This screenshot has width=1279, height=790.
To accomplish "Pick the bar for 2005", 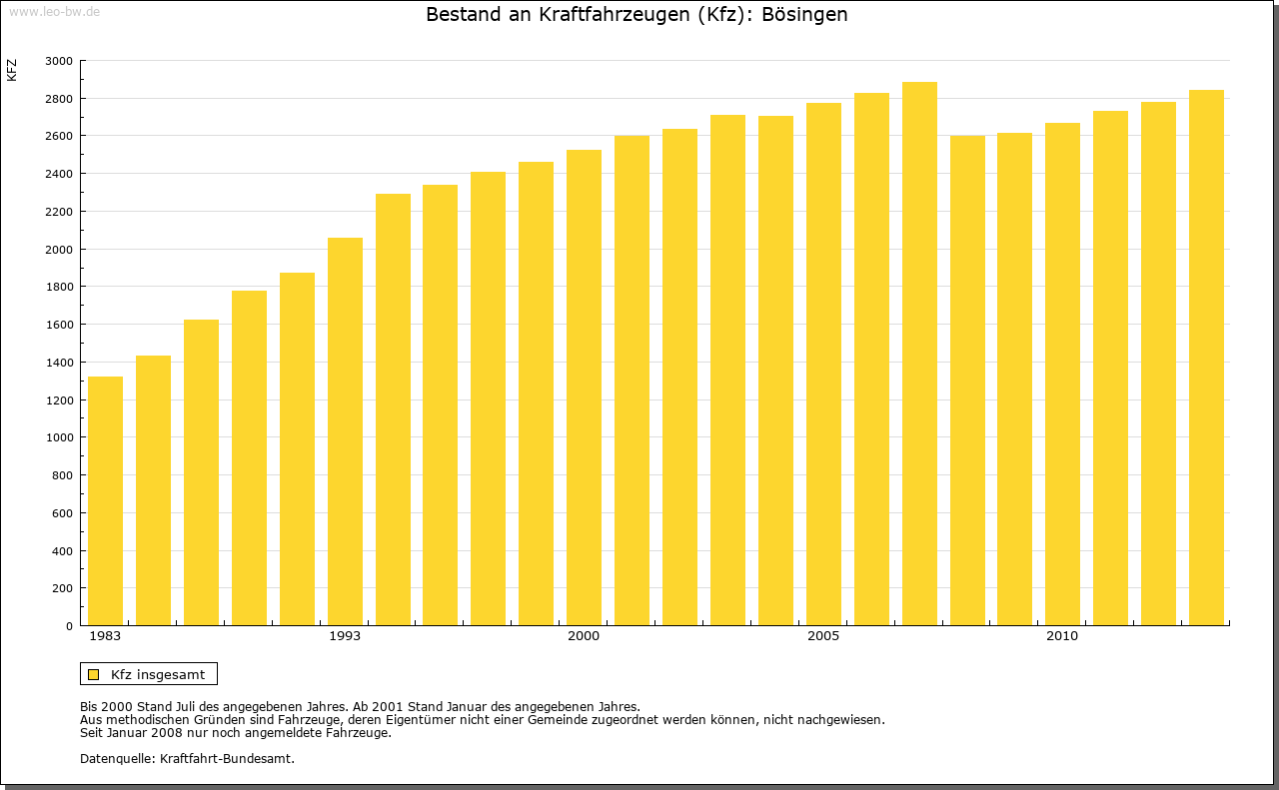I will pos(823,365).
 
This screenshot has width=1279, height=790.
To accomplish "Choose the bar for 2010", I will pos(1062,375).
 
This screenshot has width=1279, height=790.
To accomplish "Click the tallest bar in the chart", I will pos(919,354).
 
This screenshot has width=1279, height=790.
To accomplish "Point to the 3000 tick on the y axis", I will pos(59,61).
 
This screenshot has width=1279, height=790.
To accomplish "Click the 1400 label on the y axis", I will pos(59,363).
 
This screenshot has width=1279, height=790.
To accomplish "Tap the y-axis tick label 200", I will pos(63,588).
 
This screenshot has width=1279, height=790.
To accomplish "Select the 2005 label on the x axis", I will pos(823,636).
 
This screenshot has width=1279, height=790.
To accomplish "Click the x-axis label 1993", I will pos(345,636).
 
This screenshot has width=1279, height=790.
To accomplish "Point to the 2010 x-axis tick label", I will pos(1062,636).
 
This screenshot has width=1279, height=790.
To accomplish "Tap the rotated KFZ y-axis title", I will pos(12,70).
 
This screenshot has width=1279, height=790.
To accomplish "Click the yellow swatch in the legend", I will pos(93,674).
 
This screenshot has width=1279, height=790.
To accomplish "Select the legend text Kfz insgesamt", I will pos(158,674).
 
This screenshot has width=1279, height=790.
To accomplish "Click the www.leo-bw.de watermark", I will pos(53,10).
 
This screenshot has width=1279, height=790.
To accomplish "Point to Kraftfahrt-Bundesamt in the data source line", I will pos(227,758).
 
